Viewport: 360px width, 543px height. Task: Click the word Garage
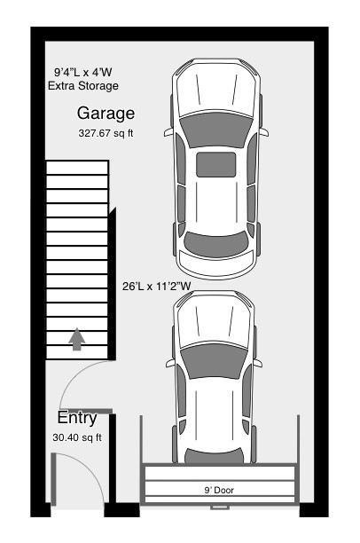click(x=106, y=114)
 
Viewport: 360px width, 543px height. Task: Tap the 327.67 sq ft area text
click(x=106, y=133)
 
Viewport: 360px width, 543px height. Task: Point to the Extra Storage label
click(x=83, y=85)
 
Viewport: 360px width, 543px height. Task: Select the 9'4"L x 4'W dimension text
click(x=83, y=72)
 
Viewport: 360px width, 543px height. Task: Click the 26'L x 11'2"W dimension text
click(x=156, y=287)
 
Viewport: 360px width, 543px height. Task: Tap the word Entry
click(x=77, y=418)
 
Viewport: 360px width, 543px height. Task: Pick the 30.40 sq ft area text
click(x=77, y=437)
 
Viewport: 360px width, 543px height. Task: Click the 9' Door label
click(x=219, y=490)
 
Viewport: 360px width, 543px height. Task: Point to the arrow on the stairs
click(x=76, y=339)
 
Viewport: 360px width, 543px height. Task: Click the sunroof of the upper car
click(x=216, y=164)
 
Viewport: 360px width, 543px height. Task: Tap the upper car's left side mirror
click(x=168, y=132)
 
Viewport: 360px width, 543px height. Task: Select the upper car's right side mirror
click(x=263, y=132)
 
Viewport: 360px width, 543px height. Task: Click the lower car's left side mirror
click(x=170, y=363)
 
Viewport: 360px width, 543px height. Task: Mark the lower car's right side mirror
click(x=257, y=363)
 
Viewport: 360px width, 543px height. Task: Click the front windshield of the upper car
click(x=216, y=129)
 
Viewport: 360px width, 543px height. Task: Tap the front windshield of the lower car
click(x=215, y=361)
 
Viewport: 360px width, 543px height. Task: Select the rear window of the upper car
click(x=216, y=244)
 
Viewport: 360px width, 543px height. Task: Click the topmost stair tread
click(x=77, y=168)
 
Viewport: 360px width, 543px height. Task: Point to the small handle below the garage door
click(x=220, y=508)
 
